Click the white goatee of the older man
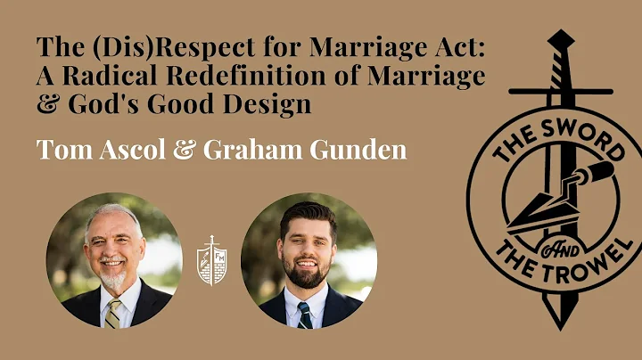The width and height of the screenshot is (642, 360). pos(114,280)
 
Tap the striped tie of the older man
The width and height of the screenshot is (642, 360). pos(114,313)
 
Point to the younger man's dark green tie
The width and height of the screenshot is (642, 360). pos(305,314)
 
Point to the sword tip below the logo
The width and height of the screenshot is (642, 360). pos(560,322)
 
